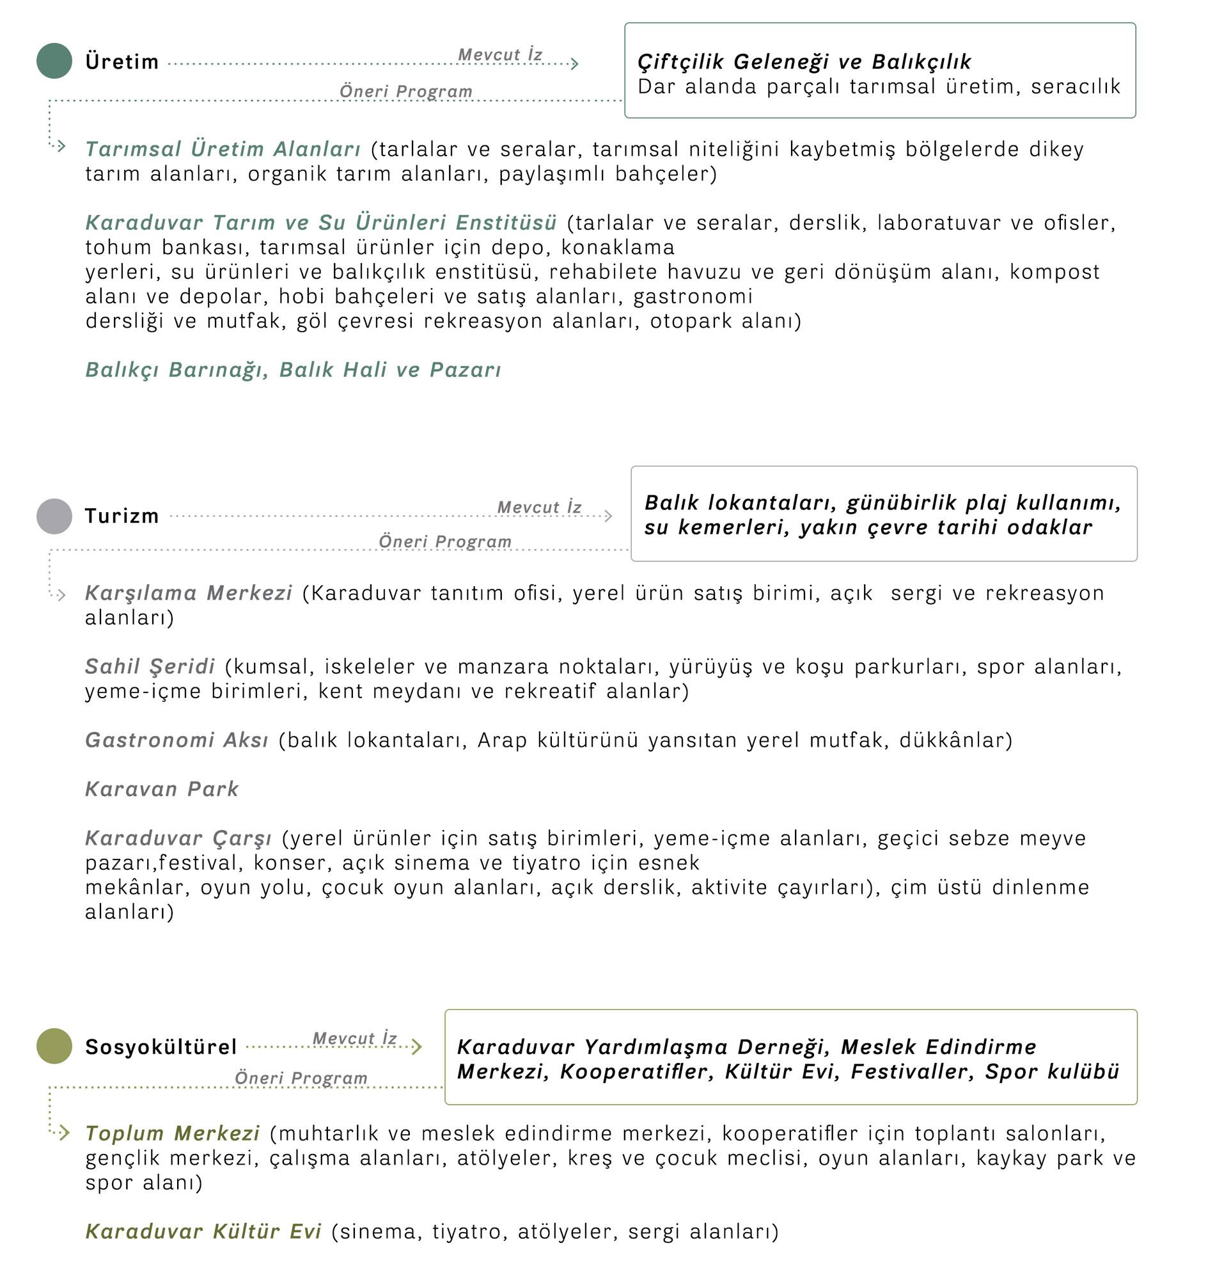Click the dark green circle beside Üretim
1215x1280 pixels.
pyautogui.click(x=54, y=61)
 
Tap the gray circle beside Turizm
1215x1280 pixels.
pyautogui.click(x=54, y=516)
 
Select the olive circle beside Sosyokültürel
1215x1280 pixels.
pyautogui.click(x=54, y=1046)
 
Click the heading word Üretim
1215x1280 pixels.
pyautogui.click(x=121, y=61)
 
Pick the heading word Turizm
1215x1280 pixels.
pyautogui.click(x=121, y=516)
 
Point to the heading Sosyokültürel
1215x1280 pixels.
pyautogui.click(x=161, y=1046)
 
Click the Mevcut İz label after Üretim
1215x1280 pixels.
pyautogui.click(x=500, y=54)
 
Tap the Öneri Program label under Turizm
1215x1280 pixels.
pyautogui.click(x=445, y=541)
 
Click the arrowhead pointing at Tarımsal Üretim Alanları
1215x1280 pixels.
pyautogui.click(x=61, y=147)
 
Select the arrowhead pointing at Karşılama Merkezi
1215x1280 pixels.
pyautogui.click(x=61, y=595)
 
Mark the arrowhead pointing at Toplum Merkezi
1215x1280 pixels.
pyautogui.click(x=63, y=1133)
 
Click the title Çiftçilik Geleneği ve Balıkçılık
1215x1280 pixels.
pyautogui.click(x=804, y=61)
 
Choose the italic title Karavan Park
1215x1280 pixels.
pyautogui.click(x=162, y=788)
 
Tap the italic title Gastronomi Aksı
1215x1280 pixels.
pyautogui.click(x=176, y=739)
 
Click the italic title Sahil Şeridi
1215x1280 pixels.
pyautogui.click(x=150, y=666)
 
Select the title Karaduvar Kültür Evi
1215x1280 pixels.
pyautogui.click(x=203, y=1231)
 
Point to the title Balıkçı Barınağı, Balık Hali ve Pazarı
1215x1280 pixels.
pyautogui.click(x=294, y=369)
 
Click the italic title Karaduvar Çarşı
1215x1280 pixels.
pyautogui.click(x=179, y=838)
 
